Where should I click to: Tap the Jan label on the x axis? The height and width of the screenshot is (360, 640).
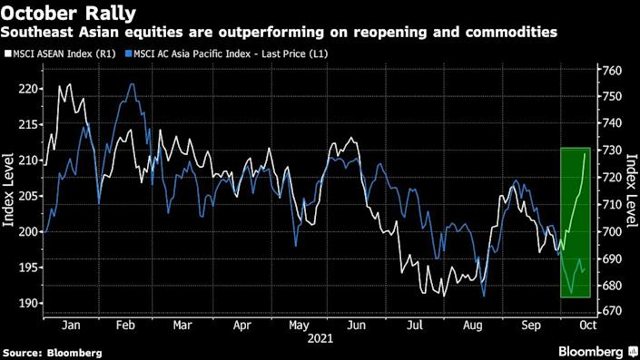coord(70,326)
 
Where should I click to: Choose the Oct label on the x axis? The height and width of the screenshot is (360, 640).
coord(587,326)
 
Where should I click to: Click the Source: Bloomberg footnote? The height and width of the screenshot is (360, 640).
coord(52,352)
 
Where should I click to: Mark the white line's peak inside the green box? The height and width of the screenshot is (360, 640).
coord(585,153)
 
